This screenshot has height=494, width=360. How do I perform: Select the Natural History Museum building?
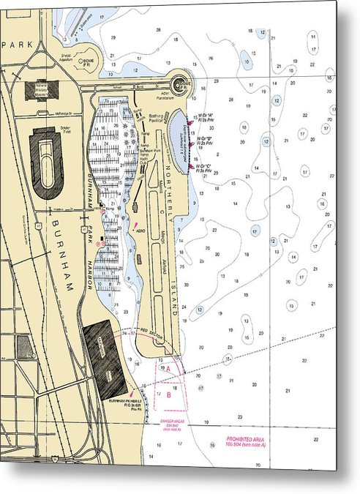click(x=42, y=90)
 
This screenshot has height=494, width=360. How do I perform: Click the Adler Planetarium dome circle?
click(x=183, y=83)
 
